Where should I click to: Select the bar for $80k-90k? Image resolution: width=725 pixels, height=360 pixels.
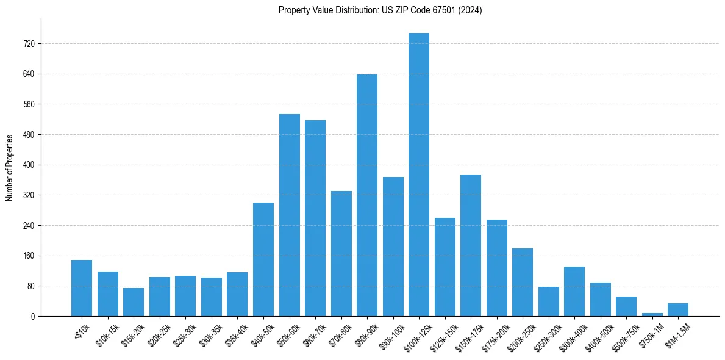[x=367, y=195]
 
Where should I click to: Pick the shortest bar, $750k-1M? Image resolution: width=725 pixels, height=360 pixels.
[x=652, y=314]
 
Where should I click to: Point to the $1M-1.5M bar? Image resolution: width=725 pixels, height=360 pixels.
[x=678, y=310]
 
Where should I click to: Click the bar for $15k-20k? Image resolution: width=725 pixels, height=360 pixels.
[x=134, y=302]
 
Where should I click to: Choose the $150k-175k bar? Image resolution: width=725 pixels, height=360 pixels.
[x=471, y=245]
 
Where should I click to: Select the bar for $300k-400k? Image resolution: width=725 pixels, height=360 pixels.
[x=574, y=292]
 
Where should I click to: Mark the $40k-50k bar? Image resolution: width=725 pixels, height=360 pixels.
[x=263, y=259]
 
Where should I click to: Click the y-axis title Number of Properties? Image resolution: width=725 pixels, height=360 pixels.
[x=10, y=167]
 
